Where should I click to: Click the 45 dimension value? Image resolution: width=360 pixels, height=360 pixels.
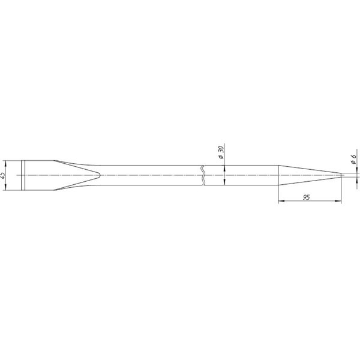3,176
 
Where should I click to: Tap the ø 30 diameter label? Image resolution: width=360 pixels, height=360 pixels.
221,152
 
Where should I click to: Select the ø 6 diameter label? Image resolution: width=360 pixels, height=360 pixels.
353,159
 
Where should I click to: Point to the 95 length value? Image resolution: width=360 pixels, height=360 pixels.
306,197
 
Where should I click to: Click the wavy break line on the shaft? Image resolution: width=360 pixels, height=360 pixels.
203,175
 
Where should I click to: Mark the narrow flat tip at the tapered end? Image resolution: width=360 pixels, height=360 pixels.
341,175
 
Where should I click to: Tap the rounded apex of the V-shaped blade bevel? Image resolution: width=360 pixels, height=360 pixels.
100,175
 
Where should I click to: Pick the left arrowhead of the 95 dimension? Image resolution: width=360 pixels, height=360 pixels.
281,201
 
